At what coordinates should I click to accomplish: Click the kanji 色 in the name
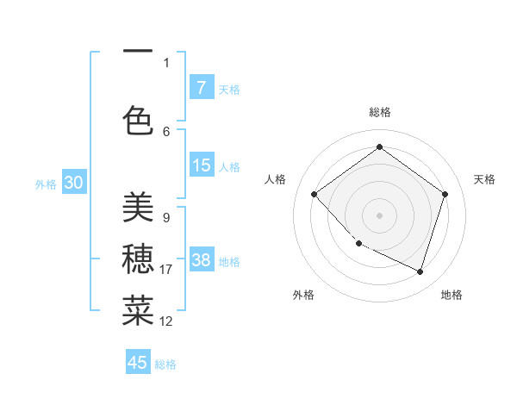point(138,120)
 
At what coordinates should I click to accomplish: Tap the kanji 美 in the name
point(138,207)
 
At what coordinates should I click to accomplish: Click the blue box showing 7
point(201,87)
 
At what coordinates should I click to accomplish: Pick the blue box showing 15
point(201,165)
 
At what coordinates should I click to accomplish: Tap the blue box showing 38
point(201,260)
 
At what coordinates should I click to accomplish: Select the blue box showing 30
point(73,183)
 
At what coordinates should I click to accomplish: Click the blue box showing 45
point(138,363)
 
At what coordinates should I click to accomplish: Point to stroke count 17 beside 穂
point(166,270)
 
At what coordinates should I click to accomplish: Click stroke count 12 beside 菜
point(166,321)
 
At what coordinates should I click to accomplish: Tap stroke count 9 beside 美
point(165,218)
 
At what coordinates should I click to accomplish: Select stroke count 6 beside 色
point(165,131)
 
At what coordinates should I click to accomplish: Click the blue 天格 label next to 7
point(229,89)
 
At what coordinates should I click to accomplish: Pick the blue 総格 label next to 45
point(165,364)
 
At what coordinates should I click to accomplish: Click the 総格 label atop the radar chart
point(379,112)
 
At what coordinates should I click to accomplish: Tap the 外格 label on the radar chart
point(303,295)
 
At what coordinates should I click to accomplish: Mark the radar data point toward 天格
point(445,194)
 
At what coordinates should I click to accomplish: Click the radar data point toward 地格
point(420,271)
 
